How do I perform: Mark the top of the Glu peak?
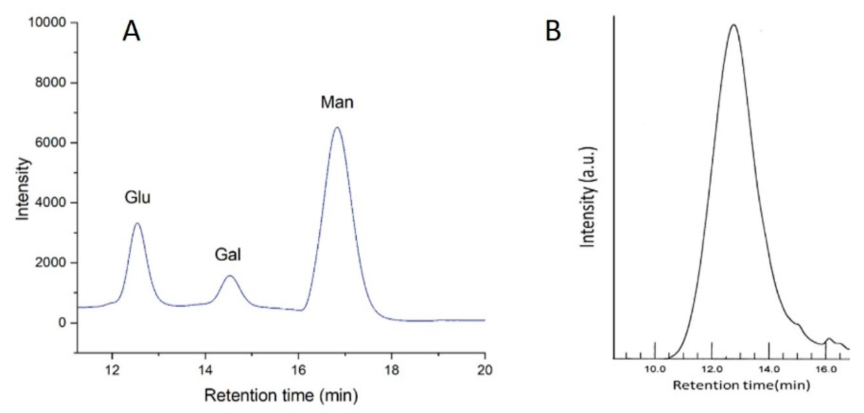137,223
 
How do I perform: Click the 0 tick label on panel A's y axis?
62,323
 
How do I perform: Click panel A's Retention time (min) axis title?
281,396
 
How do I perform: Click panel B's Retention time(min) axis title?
741,385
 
